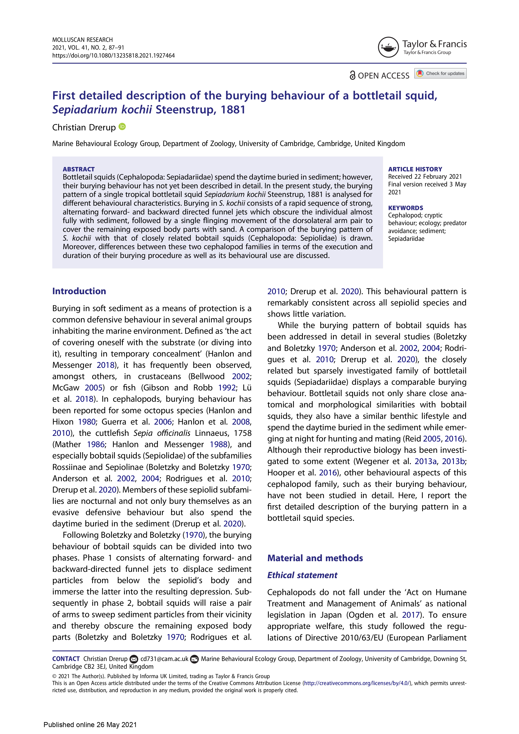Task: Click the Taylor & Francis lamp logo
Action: coord(388,47)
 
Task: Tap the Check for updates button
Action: coord(440,73)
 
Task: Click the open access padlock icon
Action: coord(352,76)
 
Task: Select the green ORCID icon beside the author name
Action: coord(122,127)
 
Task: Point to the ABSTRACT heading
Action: coord(79,169)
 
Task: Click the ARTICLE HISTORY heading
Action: coord(415,169)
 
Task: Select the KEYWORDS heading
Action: coord(406,208)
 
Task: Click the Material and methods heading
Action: coord(315,558)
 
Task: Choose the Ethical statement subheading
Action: coord(302,575)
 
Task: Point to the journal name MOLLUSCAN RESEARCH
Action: coord(82,40)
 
